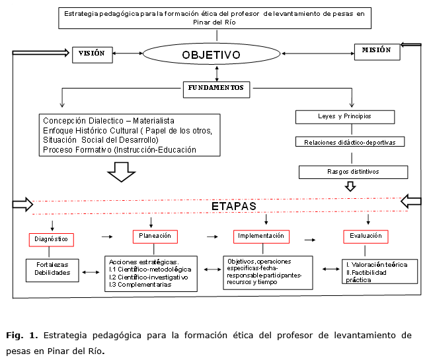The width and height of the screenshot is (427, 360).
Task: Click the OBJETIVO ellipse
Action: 211,54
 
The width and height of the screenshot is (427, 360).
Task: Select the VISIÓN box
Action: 93,54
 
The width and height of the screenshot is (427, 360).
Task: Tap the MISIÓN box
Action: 376,50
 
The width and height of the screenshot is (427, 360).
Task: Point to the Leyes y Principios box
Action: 344,117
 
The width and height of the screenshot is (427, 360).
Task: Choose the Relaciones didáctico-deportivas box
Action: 349,142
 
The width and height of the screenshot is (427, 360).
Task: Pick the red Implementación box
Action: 262,235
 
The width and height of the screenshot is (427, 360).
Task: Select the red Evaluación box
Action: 365,236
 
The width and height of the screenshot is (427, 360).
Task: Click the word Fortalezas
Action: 48,264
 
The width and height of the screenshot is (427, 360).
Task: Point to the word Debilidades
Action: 48,272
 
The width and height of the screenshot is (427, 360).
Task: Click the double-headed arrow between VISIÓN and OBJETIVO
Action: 128,54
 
